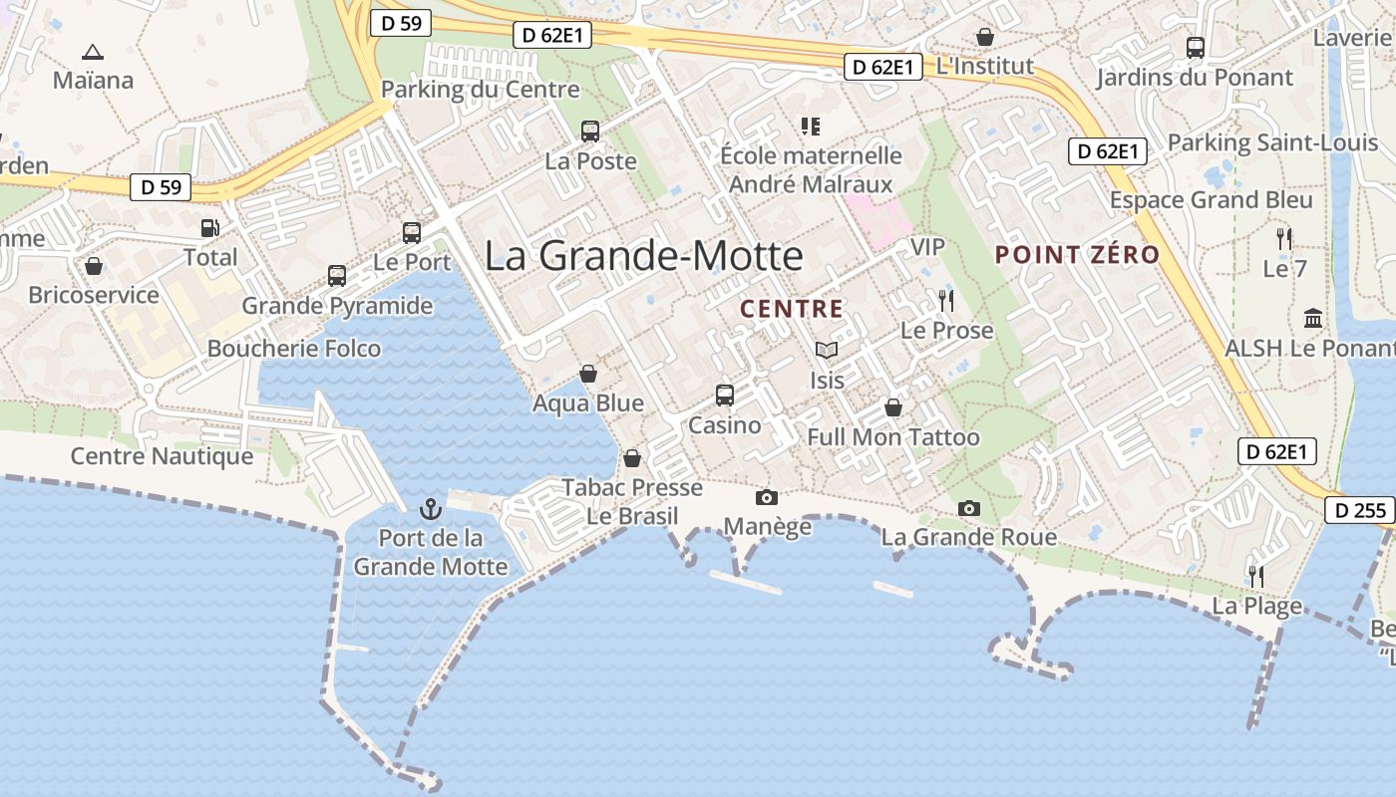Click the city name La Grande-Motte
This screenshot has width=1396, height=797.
tap(643, 256)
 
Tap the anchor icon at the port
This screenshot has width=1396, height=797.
tap(431, 509)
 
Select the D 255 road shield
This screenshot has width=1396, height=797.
tap(1360, 511)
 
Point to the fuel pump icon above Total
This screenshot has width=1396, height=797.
tap(209, 228)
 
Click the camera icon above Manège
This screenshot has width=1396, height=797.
tap(767, 497)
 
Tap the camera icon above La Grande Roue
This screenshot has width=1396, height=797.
tap(968, 508)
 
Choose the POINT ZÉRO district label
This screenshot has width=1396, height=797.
tap(1077, 254)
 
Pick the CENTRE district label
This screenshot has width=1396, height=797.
tap(792, 309)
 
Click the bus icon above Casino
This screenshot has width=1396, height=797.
tap(725, 395)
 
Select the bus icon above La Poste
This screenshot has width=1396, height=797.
tap(590, 132)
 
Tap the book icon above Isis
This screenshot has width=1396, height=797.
tap(827, 351)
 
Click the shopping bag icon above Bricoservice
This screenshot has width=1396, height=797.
tap(94, 266)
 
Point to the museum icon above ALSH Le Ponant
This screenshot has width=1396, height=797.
tap(1313, 319)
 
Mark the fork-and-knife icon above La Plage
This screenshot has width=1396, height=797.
tap(1256, 576)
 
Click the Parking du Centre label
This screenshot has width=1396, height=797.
tap(480, 90)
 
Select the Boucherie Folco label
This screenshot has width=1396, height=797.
tap(294, 349)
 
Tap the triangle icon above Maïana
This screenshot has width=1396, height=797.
tap(93, 52)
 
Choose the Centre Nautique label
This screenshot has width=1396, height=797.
tap(162, 456)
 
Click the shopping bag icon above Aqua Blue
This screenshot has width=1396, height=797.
tap(588, 374)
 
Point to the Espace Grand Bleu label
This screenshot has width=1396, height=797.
tap(1211, 199)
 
